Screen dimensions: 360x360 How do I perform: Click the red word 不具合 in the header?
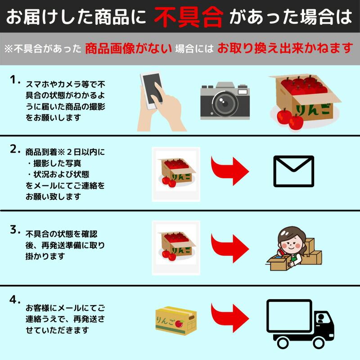point(188,17)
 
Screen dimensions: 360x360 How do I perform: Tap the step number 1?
point(15,80)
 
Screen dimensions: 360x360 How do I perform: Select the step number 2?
point(15,149)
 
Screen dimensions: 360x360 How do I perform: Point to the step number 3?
point(15,229)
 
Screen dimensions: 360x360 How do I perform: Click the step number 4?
point(15,300)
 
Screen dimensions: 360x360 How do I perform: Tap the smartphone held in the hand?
point(152,90)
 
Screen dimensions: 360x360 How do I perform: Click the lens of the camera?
point(224,103)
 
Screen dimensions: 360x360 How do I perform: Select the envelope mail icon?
point(294,171)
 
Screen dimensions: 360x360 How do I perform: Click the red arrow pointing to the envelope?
point(230,171)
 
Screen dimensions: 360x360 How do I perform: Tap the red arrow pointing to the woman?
point(230,248)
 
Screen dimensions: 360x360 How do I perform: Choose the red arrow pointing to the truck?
point(230,318)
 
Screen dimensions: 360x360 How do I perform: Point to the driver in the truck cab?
point(321,319)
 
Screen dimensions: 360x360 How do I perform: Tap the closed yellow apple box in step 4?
point(176,321)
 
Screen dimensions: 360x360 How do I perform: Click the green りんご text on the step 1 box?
point(314,110)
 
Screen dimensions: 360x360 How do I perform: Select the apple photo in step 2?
point(176,174)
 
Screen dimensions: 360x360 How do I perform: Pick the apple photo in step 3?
point(176,248)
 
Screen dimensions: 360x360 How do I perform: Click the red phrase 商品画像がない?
point(128,49)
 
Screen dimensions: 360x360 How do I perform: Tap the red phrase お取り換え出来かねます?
point(285,48)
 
